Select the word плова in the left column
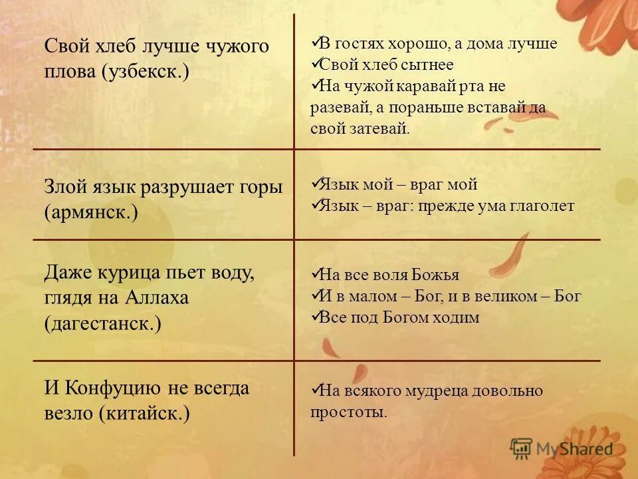tap(70, 71)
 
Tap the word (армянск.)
tap(91, 213)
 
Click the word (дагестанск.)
tap(103, 323)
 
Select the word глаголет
tap(541, 206)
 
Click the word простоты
tap(348, 412)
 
